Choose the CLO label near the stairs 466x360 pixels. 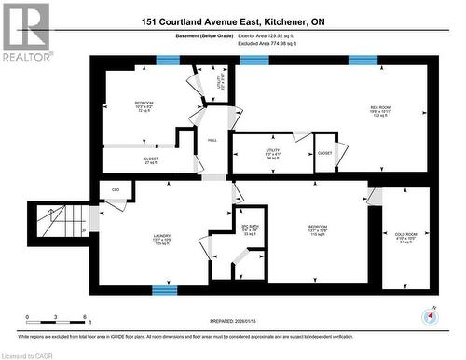[116, 190]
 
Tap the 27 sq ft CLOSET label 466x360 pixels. [151, 160]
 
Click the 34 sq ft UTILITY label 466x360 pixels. [273, 154]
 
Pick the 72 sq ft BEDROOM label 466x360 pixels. [144, 104]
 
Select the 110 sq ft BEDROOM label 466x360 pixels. [319, 229]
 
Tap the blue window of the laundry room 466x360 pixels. [165, 289]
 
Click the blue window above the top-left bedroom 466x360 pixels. [168, 60]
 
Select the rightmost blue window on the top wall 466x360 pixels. [363, 60]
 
